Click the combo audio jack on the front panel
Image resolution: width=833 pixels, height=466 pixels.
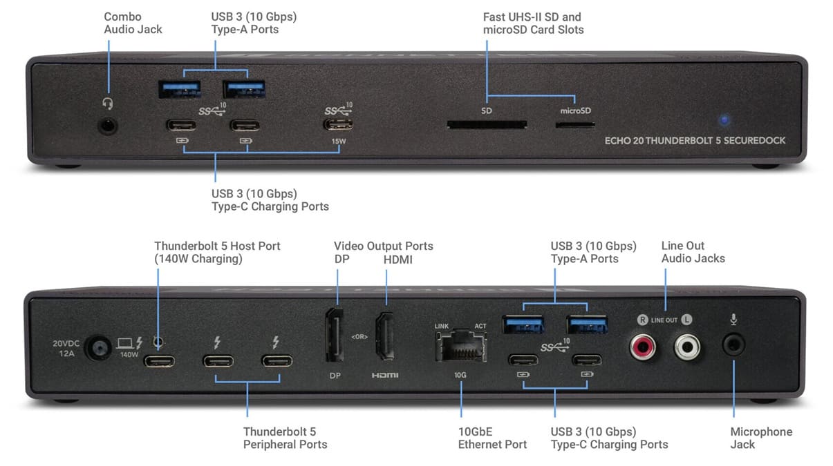(107, 126)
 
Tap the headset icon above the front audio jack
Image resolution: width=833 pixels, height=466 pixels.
(107, 103)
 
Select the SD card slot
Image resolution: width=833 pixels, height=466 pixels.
(487, 126)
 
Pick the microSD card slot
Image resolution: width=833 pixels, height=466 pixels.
(575, 126)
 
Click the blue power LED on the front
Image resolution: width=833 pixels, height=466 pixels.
(724, 119)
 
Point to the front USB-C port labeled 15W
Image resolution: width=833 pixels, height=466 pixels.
(338, 126)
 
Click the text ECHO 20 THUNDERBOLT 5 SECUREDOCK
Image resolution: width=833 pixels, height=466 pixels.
(695, 140)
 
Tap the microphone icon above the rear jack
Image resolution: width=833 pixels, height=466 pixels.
(734, 320)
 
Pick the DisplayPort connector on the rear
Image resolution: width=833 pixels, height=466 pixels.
(336, 336)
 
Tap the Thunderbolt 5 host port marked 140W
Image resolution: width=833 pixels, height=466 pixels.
(159, 361)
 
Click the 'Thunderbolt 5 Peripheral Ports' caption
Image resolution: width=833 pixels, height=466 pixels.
(285, 438)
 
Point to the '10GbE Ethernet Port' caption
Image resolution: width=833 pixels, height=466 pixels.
(492, 438)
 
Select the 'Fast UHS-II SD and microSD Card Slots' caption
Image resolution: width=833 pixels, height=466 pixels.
(533, 23)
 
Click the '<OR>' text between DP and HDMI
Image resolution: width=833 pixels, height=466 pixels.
(360, 337)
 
